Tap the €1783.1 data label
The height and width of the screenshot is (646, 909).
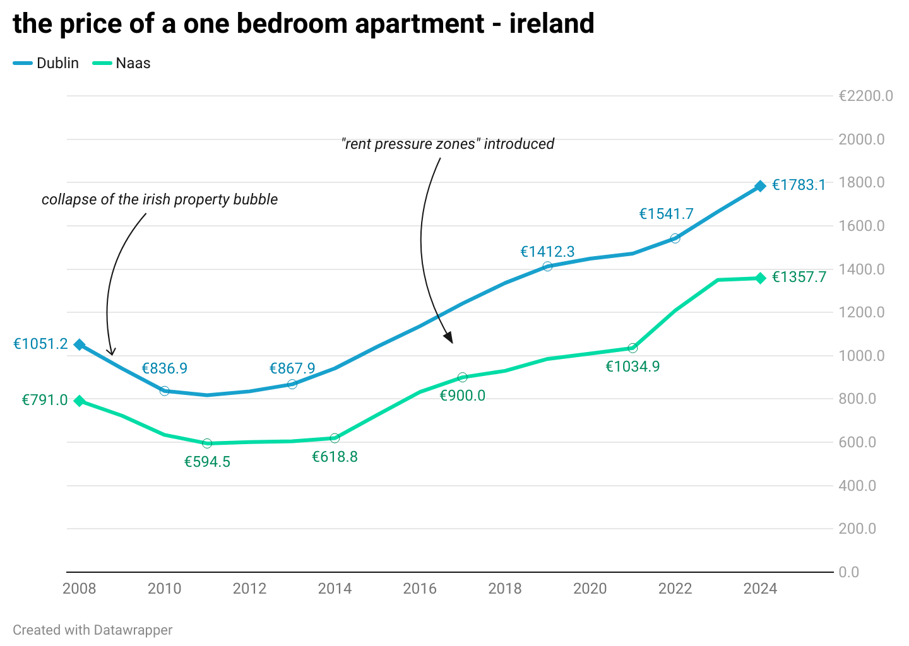pos(799,185)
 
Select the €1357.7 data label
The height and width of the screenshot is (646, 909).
pos(799,277)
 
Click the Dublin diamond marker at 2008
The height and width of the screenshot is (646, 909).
pos(80,344)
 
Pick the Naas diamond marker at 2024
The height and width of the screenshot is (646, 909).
pos(760,278)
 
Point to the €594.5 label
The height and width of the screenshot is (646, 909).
pos(207,462)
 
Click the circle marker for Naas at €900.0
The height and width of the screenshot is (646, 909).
pos(462,377)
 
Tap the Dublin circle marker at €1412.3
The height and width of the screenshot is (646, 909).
pos(547,266)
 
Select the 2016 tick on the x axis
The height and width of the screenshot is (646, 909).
pos(420,589)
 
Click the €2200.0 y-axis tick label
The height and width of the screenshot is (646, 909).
pos(865,96)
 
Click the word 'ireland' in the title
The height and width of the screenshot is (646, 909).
pos(552,24)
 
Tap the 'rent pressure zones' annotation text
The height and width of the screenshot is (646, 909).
pos(448,144)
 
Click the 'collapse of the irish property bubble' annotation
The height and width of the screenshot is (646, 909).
pos(160,199)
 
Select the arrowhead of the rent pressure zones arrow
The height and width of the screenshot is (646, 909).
pos(449,338)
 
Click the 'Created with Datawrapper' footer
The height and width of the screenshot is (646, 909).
pos(92,630)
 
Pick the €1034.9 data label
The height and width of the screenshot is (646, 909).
pos(633,367)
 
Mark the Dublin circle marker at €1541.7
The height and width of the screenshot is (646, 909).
pos(675,238)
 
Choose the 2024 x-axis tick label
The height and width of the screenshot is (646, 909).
pos(760,589)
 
